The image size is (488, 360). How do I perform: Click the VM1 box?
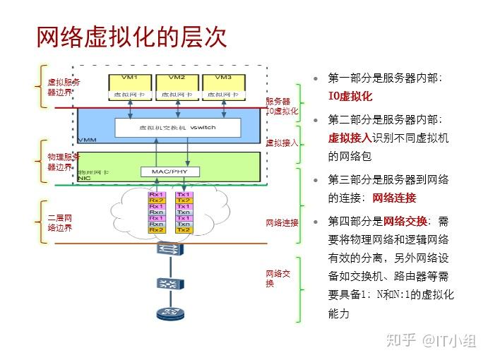click(x=130, y=84)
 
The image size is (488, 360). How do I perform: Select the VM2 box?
click(x=178, y=84)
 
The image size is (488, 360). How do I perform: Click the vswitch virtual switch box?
click(x=178, y=128)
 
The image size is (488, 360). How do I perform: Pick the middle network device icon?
click(x=167, y=283)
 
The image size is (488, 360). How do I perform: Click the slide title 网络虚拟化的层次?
click(x=131, y=37)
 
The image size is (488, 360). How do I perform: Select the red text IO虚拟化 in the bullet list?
click(x=350, y=97)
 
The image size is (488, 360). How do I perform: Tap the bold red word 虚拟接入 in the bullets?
click(x=348, y=138)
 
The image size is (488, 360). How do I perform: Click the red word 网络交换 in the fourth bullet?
click(x=405, y=220)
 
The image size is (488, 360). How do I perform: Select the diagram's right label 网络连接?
click(x=282, y=222)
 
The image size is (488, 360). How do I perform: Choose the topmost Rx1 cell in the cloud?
click(x=156, y=194)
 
